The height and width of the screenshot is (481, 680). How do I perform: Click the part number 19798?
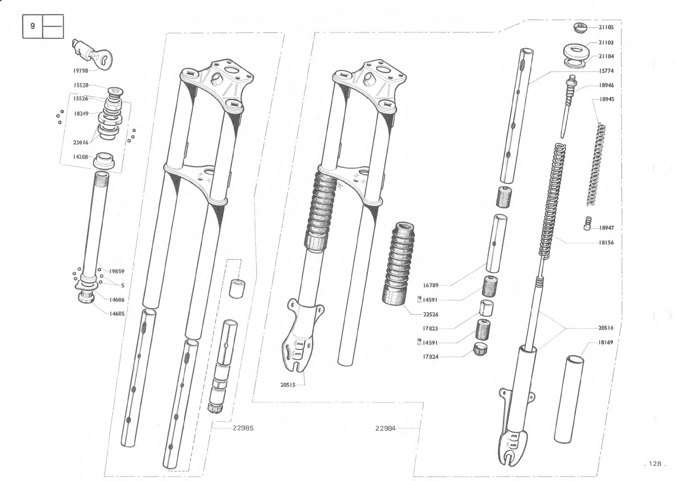click(x=81, y=71)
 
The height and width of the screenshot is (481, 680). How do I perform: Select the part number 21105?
click(x=606, y=27)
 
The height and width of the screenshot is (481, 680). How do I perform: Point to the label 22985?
click(x=243, y=428)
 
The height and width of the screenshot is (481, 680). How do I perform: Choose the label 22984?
click(x=385, y=428)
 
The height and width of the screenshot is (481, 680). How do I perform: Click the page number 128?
click(x=655, y=464)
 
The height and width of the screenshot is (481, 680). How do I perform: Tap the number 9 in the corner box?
click(x=33, y=26)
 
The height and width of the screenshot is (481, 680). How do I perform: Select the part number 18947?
click(x=606, y=228)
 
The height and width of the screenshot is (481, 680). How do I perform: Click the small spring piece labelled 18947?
click(x=588, y=223)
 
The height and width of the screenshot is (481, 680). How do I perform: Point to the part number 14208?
click(x=81, y=157)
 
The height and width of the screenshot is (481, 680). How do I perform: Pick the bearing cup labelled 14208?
click(x=104, y=161)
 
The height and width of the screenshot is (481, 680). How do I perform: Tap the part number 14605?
click(x=117, y=314)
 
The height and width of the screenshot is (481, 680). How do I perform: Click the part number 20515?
click(x=288, y=385)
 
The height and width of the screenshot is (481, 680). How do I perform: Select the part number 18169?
click(x=605, y=342)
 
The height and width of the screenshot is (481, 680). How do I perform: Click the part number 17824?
click(x=431, y=357)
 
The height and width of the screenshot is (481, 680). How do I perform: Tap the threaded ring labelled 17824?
click(x=480, y=349)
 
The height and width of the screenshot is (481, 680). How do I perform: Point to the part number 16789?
click(x=431, y=285)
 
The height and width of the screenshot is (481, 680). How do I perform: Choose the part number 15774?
click(x=606, y=71)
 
